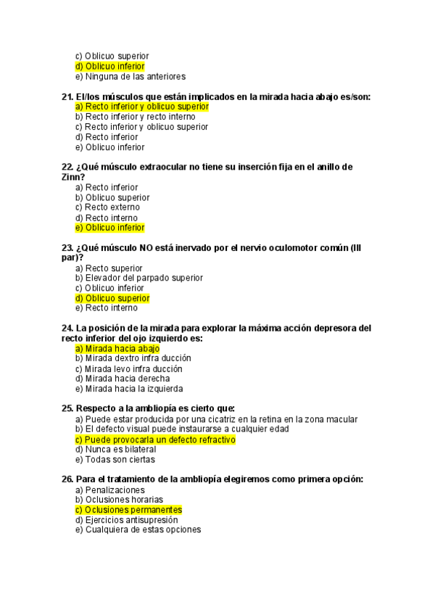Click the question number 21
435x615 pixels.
(x=67, y=96)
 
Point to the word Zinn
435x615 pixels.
(x=73, y=177)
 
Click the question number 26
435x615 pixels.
(x=67, y=479)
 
